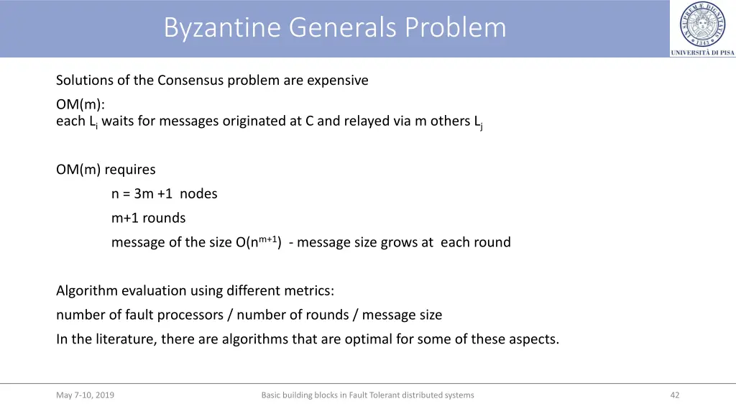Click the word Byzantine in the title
[x=223, y=27]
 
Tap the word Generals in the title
[x=343, y=27]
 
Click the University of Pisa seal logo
[x=702, y=24]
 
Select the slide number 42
[x=674, y=395]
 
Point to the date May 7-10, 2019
[x=85, y=395]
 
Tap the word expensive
[x=337, y=80]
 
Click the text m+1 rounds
[x=148, y=218]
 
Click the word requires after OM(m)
[x=130, y=170]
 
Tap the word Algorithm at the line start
[x=87, y=291]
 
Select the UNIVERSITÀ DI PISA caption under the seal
[x=702, y=52]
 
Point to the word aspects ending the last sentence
[x=535, y=339]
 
